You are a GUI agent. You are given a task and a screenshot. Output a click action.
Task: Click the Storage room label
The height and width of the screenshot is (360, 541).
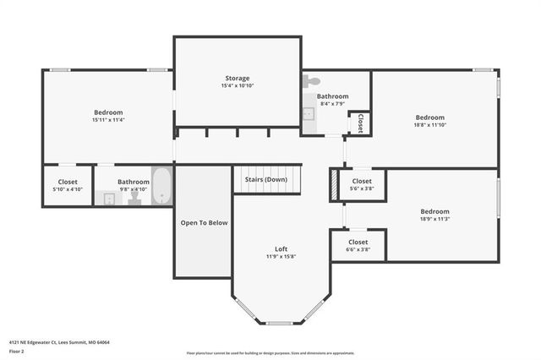tap(237, 78)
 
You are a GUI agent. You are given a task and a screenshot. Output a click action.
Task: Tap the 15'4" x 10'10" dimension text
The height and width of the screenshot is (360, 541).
tap(237, 86)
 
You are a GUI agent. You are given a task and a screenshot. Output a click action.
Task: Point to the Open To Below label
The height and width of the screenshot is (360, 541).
tap(204, 222)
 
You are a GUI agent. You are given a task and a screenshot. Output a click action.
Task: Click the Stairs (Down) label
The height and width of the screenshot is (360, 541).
tap(265, 179)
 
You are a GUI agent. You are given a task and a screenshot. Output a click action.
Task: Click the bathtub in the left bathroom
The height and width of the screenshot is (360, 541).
tap(162, 187)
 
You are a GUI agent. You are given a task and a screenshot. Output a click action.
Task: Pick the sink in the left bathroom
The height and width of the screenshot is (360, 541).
tap(109, 199)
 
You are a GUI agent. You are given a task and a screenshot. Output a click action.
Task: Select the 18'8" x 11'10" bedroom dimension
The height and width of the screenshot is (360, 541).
tap(429, 126)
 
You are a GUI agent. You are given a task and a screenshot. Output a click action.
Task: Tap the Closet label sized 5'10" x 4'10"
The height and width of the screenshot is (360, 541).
tap(68, 182)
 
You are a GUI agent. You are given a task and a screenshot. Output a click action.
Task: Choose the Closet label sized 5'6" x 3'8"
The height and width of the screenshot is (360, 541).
tap(361, 181)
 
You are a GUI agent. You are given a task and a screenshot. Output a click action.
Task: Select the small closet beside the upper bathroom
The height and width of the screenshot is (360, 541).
tap(361, 122)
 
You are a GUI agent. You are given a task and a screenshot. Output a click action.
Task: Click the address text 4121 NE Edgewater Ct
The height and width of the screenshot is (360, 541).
tap(59, 342)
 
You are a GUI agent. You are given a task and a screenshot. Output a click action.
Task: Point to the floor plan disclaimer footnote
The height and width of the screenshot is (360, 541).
tap(270, 353)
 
